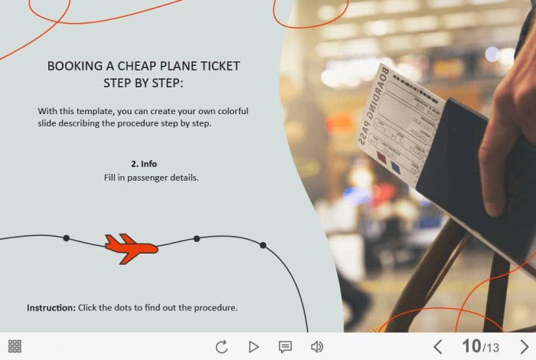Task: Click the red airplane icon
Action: coord(131,248)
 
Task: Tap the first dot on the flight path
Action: coord(67,238)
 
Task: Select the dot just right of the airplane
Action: coord(197,239)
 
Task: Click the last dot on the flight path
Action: coord(263,245)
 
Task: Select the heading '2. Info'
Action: coord(144,164)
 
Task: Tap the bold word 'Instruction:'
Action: coord(51,308)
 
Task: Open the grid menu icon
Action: coord(15,346)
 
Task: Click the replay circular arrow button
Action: coord(222,347)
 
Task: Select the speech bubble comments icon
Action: coord(285,347)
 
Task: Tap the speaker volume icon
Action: coord(317,347)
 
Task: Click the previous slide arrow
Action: coord(438,347)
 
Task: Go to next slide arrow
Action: coord(524,347)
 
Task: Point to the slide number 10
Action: coord(472,346)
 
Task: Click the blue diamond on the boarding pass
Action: coord(396,168)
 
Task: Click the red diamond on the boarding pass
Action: coord(381,157)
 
